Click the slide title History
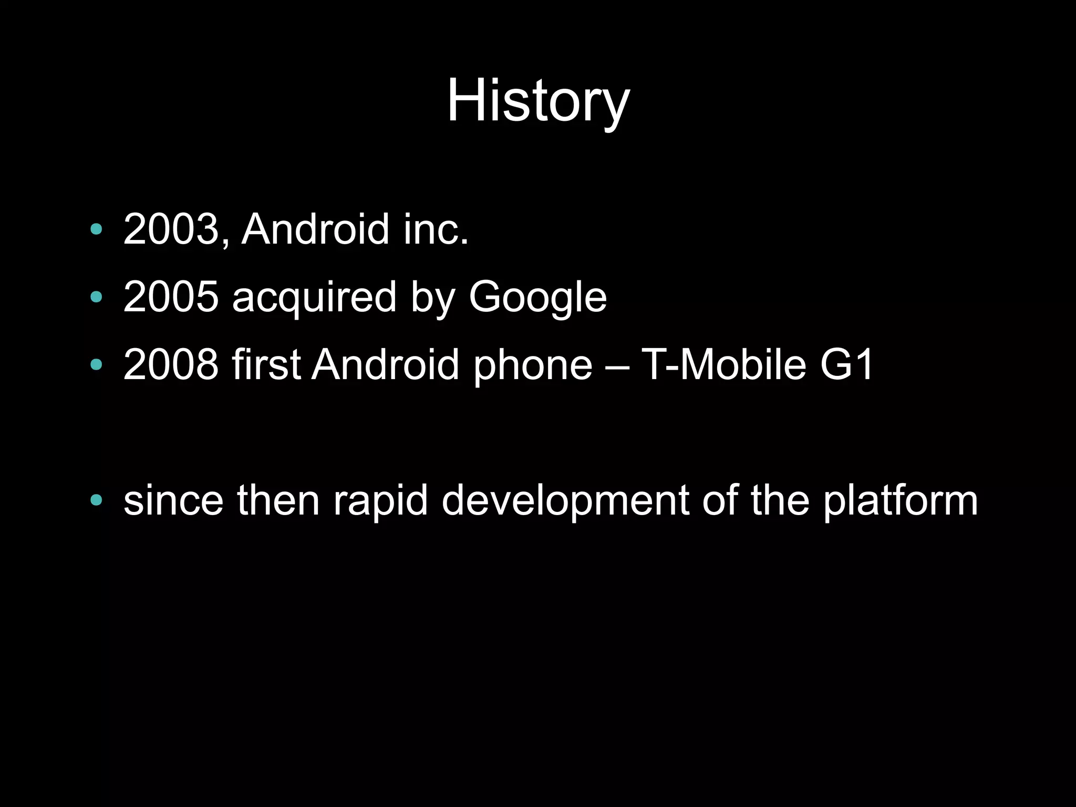(537, 101)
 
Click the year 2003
(171, 229)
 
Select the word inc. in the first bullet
(436, 229)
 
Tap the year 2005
(171, 297)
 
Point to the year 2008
(171, 364)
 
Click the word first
(266, 364)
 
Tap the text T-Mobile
(724, 364)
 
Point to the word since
(173, 500)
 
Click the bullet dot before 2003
(96, 229)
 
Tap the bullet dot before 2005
(96, 297)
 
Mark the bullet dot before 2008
(96, 364)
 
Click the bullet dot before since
(96, 500)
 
